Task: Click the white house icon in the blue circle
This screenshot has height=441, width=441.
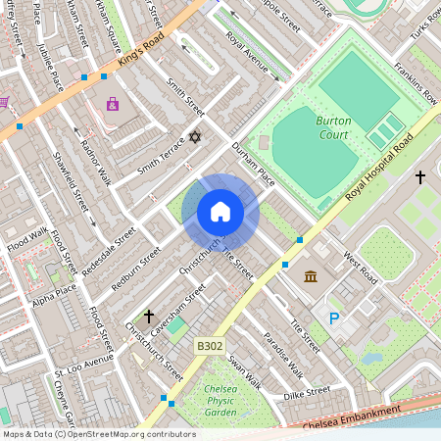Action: pyautogui.click(x=220, y=211)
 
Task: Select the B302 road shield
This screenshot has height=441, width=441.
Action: pyautogui.click(x=209, y=346)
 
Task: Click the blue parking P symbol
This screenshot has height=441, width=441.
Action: pyautogui.click(x=334, y=318)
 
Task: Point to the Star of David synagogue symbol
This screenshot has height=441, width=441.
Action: pyautogui.click(x=194, y=137)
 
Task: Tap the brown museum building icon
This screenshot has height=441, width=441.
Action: pyautogui.click(x=311, y=277)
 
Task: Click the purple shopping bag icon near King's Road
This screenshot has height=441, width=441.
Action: pyautogui.click(x=112, y=104)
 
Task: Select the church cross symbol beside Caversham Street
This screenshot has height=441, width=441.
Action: pyautogui.click(x=149, y=317)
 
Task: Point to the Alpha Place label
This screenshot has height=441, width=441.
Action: pyautogui.click(x=53, y=295)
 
